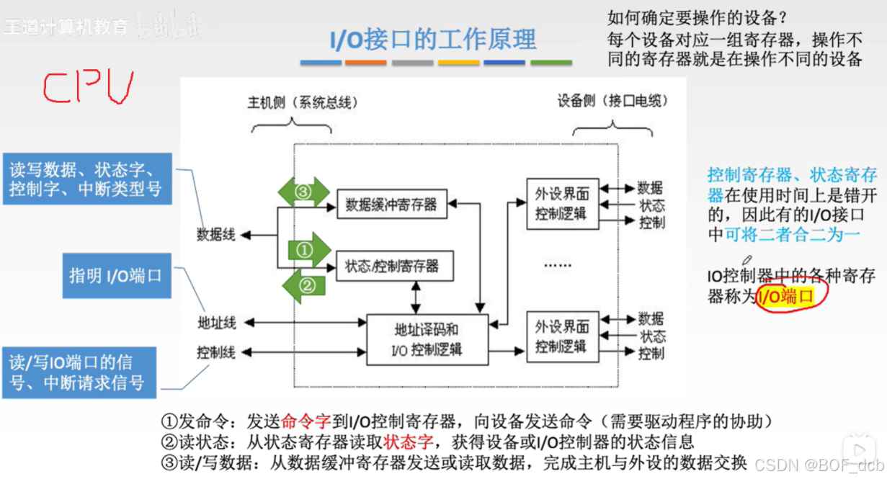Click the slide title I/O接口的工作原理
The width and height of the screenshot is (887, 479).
(433, 39)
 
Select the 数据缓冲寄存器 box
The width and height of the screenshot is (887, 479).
(391, 204)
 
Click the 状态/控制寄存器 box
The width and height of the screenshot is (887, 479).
(391, 265)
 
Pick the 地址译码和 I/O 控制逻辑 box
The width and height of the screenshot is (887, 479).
(427, 339)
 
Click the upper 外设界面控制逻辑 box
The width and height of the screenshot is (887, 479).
(562, 204)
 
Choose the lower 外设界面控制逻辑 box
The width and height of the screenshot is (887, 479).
(562, 337)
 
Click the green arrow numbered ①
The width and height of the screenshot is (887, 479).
(306, 250)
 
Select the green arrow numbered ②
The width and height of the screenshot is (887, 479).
(304, 286)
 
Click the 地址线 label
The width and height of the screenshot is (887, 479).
(216, 323)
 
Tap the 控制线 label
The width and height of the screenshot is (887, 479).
(216, 352)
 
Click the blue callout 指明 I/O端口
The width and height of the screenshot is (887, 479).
(116, 275)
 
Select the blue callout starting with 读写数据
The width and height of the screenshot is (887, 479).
(86, 179)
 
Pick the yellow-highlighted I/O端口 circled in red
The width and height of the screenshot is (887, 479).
(787, 296)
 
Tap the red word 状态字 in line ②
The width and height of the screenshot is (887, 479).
(407, 442)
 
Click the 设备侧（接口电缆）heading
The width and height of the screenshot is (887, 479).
(612, 102)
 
